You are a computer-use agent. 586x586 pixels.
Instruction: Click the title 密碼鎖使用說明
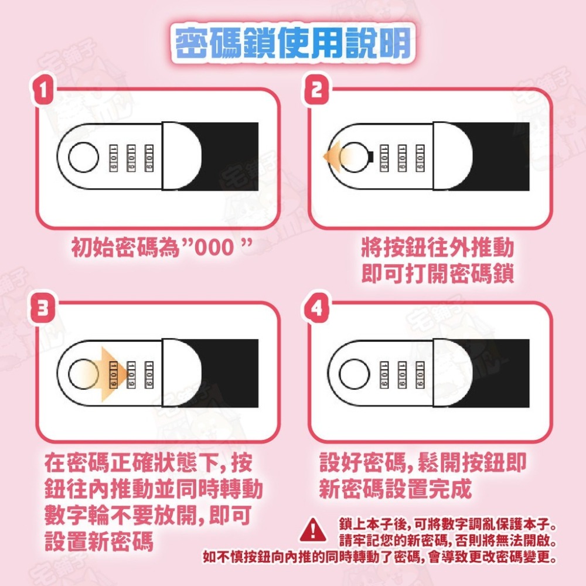293,42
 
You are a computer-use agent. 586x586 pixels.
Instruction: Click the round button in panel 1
83,156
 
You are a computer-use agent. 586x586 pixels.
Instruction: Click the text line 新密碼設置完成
396,489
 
